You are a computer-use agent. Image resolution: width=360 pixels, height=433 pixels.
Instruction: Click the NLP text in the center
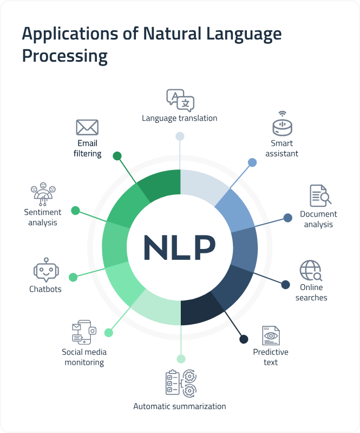tap(179, 247)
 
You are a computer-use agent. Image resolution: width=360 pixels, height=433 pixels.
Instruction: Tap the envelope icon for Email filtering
tap(87, 128)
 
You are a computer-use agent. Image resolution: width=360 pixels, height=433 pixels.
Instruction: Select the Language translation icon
tap(180, 101)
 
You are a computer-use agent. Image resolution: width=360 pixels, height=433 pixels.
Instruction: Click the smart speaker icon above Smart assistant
tap(282, 124)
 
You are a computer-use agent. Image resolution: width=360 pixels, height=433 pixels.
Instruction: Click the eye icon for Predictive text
tap(271, 336)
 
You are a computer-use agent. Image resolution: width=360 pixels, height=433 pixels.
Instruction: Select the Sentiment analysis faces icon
tap(43, 194)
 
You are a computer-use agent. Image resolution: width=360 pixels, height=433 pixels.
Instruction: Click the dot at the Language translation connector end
tap(180, 136)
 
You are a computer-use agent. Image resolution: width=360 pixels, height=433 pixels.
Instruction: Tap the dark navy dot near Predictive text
tap(244, 339)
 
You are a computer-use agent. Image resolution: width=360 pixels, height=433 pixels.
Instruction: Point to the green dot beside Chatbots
tap(73, 277)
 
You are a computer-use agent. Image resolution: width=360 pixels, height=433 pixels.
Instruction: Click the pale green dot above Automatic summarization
tap(181, 359)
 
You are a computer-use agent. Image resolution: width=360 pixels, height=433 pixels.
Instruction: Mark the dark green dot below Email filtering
tap(117, 156)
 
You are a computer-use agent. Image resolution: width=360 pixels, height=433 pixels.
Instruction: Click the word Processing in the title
tap(64, 56)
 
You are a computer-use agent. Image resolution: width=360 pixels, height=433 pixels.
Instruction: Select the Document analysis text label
tap(318, 219)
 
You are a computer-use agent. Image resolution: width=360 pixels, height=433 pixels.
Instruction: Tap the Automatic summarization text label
tap(180, 406)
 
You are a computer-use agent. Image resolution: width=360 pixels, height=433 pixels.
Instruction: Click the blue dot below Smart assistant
tap(252, 162)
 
